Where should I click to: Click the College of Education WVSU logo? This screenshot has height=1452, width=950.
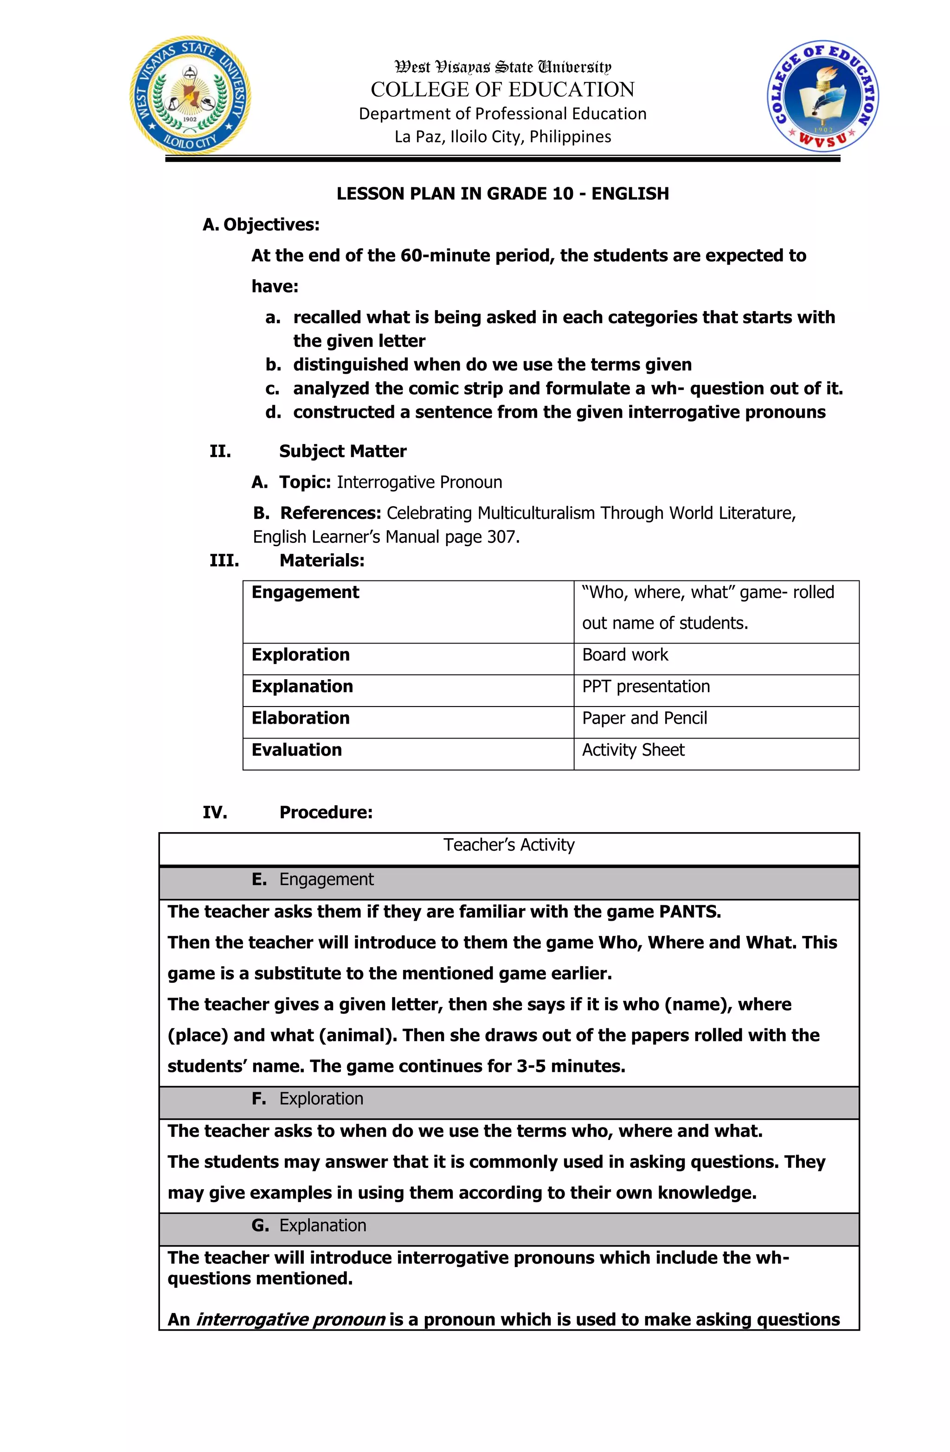click(x=823, y=96)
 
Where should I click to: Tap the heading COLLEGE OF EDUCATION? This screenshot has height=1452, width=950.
click(x=502, y=89)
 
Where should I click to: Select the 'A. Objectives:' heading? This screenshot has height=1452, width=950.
click(x=261, y=224)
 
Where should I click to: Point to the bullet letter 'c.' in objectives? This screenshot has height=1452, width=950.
click(x=272, y=388)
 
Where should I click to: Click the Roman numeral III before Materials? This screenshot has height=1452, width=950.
click(x=224, y=560)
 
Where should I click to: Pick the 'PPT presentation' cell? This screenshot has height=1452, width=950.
click(x=645, y=686)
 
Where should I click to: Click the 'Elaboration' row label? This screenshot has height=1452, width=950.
click(x=301, y=718)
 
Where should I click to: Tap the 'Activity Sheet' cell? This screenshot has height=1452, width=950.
click(x=633, y=750)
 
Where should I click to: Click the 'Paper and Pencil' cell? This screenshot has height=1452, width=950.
click(x=644, y=718)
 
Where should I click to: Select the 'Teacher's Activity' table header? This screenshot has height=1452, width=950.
click(x=508, y=845)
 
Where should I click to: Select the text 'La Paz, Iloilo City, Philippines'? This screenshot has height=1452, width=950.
click(x=502, y=137)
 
